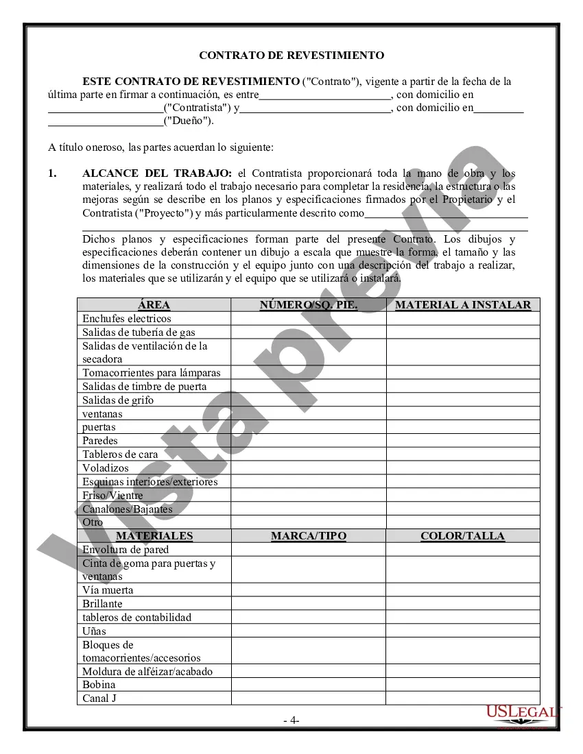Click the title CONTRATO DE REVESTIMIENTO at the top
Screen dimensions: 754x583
point(291,56)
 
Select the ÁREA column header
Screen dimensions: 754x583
point(154,305)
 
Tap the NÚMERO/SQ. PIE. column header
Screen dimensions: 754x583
point(309,305)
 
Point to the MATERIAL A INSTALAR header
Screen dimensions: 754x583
point(463,305)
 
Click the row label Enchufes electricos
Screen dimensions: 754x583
point(127,319)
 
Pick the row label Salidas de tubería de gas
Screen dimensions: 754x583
point(139,332)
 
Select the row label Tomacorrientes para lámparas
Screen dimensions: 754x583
point(152,373)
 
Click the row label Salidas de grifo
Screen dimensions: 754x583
point(118,400)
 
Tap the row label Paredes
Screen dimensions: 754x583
point(100,441)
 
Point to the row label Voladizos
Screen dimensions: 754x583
point(106,468)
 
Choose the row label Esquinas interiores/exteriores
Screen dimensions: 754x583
point(150,482)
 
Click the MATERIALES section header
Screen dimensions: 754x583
point(154,536)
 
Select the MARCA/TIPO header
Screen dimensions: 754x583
point(309,536)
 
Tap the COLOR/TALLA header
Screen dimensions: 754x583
point(463,536)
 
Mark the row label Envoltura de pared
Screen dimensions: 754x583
point(126,550)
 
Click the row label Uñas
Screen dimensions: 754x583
point(95,631)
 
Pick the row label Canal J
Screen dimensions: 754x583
point(96,698)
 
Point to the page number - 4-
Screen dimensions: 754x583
point(291,720)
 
